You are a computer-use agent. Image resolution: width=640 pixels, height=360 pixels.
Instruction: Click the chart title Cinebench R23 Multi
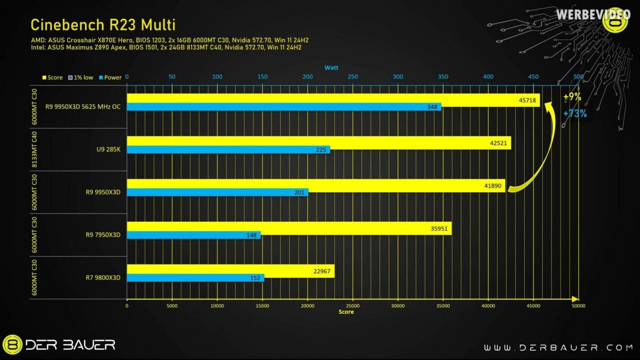[x=103, y=25]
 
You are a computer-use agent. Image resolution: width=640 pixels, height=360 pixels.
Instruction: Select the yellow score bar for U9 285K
[x=318, y=142]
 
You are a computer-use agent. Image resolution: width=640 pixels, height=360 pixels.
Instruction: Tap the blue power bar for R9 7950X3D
[x=194, y=235]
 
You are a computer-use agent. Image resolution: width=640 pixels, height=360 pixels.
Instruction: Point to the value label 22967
[x=322, y=271]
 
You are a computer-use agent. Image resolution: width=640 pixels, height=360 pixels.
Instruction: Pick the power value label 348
[x=433, y=107]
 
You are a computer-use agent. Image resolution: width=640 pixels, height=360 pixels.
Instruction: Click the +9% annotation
[x=572, y=97]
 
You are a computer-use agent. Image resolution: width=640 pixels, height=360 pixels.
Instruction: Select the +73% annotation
[x=574, y=113]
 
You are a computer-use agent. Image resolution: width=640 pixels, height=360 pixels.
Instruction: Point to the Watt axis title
[x=331, y=68]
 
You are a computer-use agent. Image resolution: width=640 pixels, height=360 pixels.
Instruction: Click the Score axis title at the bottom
[x=346, y=312]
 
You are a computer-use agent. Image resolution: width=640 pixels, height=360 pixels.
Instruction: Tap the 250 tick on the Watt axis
[x=353, y=77]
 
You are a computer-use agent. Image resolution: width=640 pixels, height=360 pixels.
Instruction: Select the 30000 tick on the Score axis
[x=398, y=306]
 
